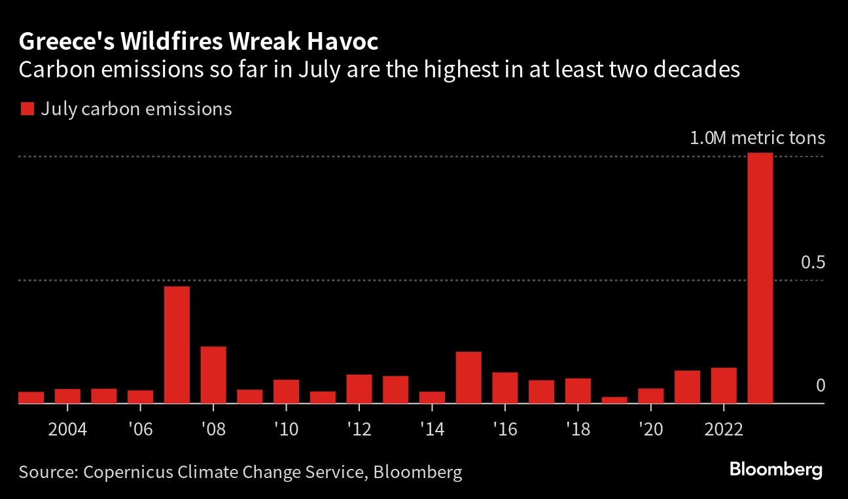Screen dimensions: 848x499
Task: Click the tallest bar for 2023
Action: (x=760, y=278)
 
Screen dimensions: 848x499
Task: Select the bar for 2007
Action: (x=177, y=345)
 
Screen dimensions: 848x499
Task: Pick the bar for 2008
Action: (x=213, y=375)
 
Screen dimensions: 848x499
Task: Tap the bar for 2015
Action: (x=468, y=377)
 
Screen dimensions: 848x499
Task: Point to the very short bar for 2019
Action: (x=614, y=400)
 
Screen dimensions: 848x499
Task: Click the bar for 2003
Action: (x=31, y=397)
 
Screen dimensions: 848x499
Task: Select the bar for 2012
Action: (x=359, y=389)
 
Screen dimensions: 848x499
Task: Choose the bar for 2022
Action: (x=724, y=385)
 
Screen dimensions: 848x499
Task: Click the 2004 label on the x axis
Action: (x=67, y=430)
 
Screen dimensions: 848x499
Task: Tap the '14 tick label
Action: (x=432, y=430)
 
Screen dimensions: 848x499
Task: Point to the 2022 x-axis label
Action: (x=724, y=430)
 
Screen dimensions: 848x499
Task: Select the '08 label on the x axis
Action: (x=213, y=430)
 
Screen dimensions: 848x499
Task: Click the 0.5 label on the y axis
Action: (x=813, y=262)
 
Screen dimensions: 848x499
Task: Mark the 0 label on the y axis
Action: (x=821, y=385)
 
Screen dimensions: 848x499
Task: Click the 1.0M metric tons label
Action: (x=758, y=138)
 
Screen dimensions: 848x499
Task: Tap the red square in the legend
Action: (x=27, y=109)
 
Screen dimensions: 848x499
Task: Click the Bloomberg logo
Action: (x=776, y=470)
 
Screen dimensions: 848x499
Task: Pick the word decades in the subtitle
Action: (x=697, y=69)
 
